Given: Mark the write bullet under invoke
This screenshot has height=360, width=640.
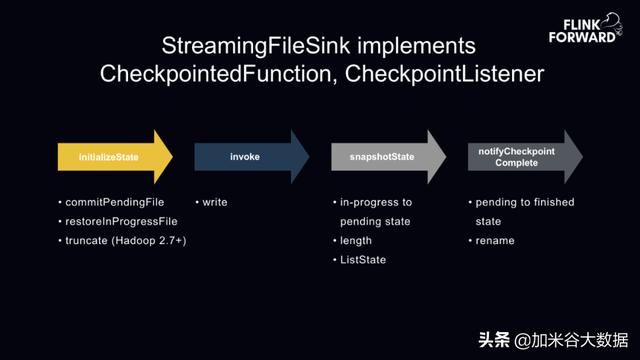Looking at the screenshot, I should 214,202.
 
